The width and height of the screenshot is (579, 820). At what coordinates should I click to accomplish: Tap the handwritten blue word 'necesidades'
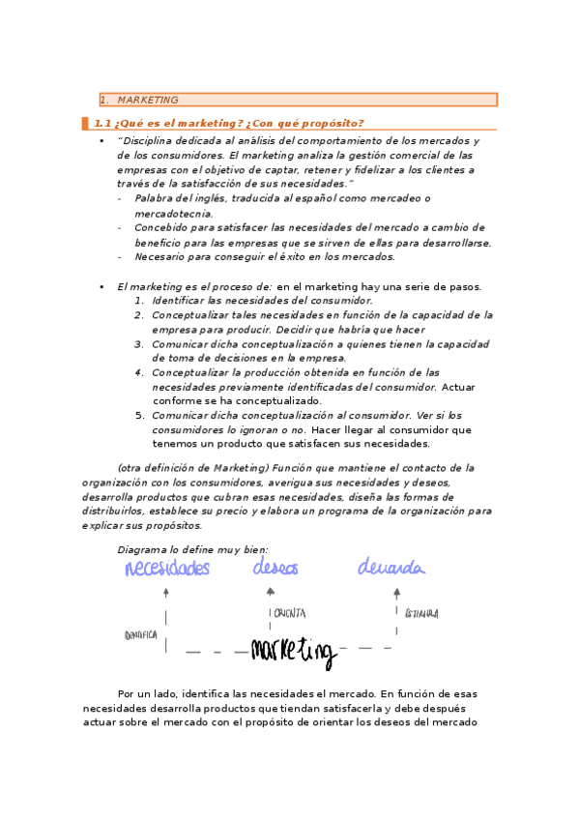[x=166, y=568]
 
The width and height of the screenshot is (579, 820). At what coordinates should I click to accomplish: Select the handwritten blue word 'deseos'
[x=275, y=568]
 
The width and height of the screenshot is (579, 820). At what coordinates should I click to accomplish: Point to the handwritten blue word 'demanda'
[x=390, y=568]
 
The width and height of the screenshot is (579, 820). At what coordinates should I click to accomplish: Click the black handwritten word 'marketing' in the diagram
[x=293, y=651]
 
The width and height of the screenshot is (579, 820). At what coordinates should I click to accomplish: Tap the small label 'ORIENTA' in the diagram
[x=290, y=612]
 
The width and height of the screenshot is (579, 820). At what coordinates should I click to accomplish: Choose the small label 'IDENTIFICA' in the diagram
[x=141, y=635]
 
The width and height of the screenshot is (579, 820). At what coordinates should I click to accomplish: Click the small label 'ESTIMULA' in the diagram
[x=422, y=612]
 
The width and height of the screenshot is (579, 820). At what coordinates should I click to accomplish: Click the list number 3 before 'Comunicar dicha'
[x=139, y=343]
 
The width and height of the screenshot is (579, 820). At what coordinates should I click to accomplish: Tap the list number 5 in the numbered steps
[x=139, y=415]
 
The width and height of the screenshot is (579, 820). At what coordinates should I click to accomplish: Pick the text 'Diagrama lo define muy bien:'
[x=186, y=549]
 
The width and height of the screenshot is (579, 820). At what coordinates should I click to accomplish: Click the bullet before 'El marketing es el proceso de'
[x=101, y=286]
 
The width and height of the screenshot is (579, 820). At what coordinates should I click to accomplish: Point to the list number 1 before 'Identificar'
[x=139, y=301]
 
